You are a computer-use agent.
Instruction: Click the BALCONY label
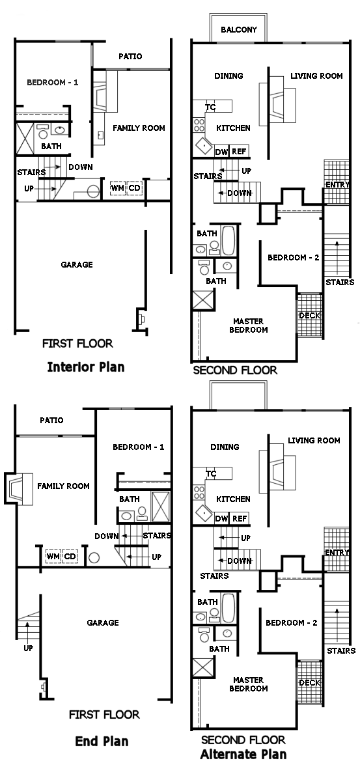point(238,30)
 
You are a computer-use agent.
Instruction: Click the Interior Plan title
point(86,367)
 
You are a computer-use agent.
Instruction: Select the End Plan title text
point(102,742)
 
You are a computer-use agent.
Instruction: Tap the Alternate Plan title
point(243,754)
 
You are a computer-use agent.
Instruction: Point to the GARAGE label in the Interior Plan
point(77,264)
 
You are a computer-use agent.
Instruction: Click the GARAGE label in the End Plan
point(103,622)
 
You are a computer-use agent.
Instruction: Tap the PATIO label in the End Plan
point(51,420)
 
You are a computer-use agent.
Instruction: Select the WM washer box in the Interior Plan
point(118,188)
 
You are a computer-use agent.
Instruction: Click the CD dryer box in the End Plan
point(70,556)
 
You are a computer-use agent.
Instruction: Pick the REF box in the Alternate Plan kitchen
point(239,519)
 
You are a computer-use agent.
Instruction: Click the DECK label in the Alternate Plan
point(309,682)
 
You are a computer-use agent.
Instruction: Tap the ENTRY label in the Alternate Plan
point(337,553)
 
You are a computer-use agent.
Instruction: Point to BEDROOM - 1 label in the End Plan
point(139,447)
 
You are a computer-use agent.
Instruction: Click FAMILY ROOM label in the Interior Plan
point(139,128)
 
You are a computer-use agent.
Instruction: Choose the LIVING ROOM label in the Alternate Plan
point(314,441)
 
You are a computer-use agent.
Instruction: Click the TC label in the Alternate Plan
point(211,474)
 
